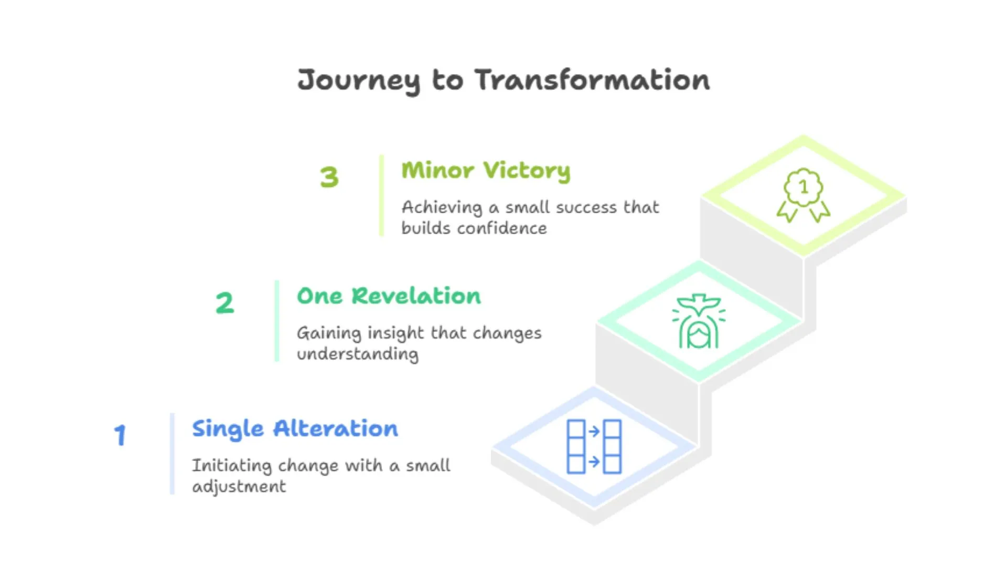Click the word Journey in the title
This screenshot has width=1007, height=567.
click(359, 80)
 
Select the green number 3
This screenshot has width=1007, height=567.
click(329, 177)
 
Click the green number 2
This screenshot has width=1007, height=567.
click(224, 303)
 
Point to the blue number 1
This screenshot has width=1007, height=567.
click(121, 435)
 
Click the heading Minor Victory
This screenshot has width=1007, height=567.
click(486, 171)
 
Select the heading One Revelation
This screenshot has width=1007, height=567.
click(389, 296)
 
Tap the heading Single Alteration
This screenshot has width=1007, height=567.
click(295, 429)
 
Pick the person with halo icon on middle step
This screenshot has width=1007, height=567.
click(699, 321)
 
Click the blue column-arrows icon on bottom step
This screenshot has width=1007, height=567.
click(594, 447)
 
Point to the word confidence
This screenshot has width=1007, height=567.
click(502, 228)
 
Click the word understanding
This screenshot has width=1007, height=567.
click(358, 354)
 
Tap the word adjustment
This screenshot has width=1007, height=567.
click(239, 487)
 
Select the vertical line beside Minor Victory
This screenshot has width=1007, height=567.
click(381, 195)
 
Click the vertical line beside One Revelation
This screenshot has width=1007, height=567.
click(277, 321)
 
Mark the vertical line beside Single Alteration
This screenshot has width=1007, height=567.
click(172, 454)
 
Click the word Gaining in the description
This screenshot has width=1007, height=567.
click(329, 333)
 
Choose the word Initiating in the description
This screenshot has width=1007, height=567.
click(231, 466)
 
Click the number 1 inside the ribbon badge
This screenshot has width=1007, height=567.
click(803, 186)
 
